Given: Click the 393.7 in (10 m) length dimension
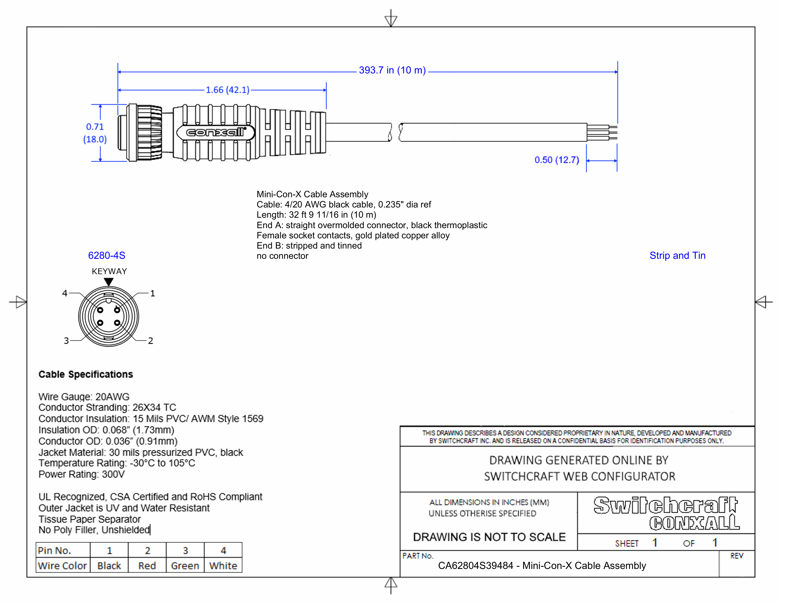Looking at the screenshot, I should [x=392, y=70].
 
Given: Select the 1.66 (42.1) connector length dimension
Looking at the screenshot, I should [x=227, y=90].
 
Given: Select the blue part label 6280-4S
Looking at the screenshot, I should [x=107, y=256].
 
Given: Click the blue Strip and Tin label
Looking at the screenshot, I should [x=677, y=256].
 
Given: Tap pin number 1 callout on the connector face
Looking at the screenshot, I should [x=152, y=293].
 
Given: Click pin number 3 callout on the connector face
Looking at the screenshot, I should [x=66, y=341].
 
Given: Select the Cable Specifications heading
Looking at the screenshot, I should [x=86, y=375].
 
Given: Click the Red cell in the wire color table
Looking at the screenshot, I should [x=147, y=566].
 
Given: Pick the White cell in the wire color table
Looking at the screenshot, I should [x=223, y=566].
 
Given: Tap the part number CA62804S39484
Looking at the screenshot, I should [x=475, y=566].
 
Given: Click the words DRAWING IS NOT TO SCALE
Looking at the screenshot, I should [x=489, y=537].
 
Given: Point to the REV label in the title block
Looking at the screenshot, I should [x=736, y=556].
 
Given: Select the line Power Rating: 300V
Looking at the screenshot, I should [x=82, y=475].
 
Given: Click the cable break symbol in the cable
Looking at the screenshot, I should [x=395, y=132].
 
